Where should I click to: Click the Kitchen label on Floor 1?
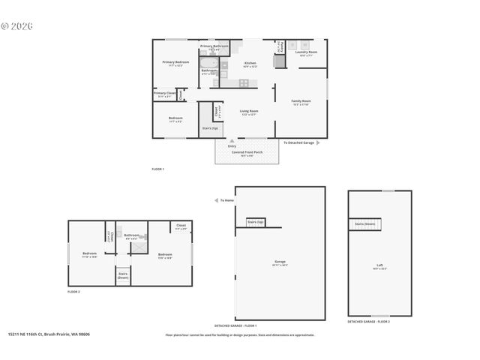(x=250, y=64)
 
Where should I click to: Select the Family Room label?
(x=301, y=101)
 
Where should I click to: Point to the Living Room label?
(x=248, y=112)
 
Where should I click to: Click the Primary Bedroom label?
(x=175, y=63)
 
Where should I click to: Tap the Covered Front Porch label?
(x=247, y=152)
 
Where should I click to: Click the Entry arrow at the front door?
(x=231, y=139)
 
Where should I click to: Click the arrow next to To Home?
(x=217, y=200)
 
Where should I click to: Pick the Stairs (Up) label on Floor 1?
(x=211, y=128)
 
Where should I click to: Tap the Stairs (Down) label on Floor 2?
(x=122, y=276)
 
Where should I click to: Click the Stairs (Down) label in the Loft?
(x=365, y=223)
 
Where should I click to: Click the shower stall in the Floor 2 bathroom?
(x=138, y=248)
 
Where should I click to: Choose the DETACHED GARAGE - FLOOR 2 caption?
(x=368, y=321)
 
